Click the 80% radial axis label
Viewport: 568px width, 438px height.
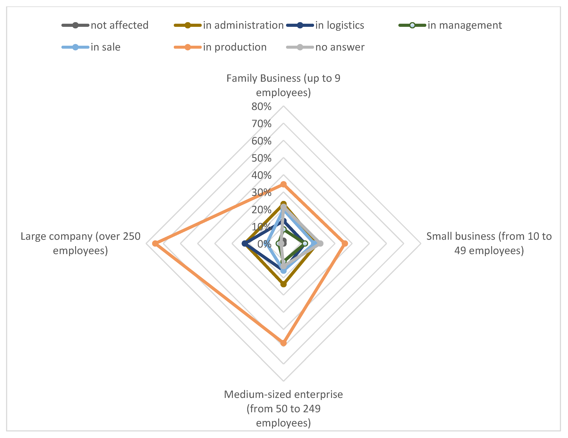[x=261, y=106]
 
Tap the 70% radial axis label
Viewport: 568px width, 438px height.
[x=261, y=124]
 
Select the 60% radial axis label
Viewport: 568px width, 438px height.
[x=261, y=141]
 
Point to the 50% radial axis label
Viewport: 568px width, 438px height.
[x=261, y=158]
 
